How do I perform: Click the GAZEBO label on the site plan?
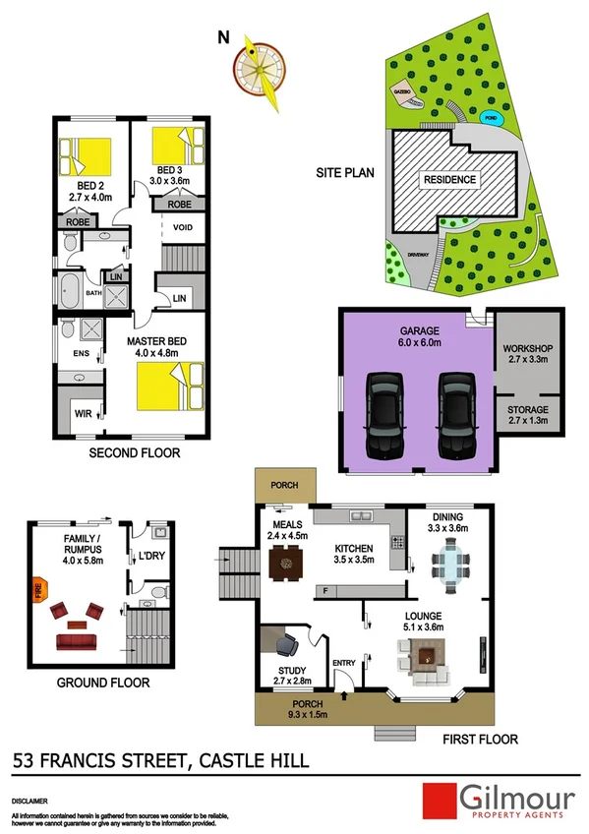click(x=401, y=89)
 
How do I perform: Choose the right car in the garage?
click(x=454, y=414)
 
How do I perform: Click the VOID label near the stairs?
click(x=183, y=228)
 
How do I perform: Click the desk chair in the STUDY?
click(x=288, y=644)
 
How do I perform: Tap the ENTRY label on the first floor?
click(x=343, y=662)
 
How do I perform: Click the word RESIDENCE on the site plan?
click(x=450, y=180)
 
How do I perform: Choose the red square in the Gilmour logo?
click(x=438, y=800)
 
